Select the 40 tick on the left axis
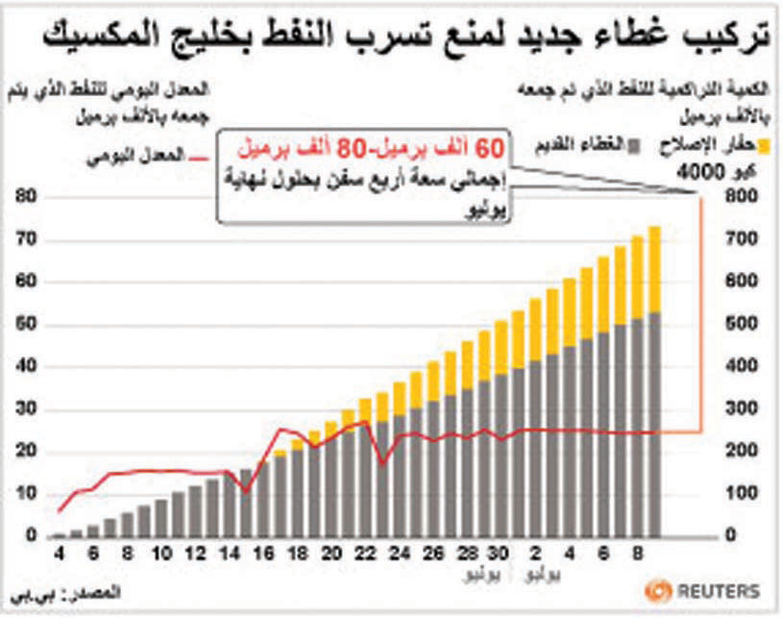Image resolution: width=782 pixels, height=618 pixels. pos(27,367)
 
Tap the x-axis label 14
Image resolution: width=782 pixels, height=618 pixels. pos(229,556)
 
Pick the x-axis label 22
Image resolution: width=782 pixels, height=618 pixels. pos(365,556)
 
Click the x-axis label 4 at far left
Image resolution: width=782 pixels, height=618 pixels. pos(60,556)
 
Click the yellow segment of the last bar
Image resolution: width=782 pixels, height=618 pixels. pos(654,269)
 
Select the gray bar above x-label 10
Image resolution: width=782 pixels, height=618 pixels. pos(161,517)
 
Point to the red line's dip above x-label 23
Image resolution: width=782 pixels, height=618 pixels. pos(382,464)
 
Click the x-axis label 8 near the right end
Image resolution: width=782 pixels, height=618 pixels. pos(636,556)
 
